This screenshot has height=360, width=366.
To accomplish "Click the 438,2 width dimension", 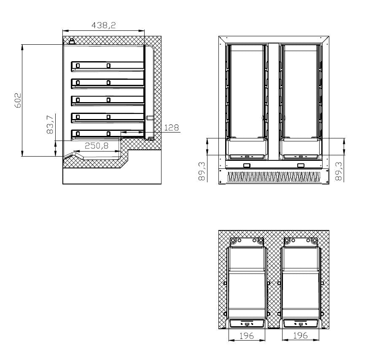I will tap(103, 25).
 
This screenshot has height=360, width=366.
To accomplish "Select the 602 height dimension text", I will tap(18, 100).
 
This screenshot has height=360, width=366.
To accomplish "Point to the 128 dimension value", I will tap(171, 127).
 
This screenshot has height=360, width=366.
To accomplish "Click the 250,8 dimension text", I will tap(97, 146).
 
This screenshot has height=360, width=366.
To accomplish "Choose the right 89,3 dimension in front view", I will tap(339, 171).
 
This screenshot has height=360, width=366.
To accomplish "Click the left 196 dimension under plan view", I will tap(247, 336).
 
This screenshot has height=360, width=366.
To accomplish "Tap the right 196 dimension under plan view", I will tap(300, 336).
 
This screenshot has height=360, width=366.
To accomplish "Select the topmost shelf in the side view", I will tap(108, 65).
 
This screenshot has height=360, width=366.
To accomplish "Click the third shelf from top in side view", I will tap(108, 100).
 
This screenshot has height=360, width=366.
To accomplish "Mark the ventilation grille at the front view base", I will tap(274, 176).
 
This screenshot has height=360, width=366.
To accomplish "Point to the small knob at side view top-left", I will tap(72, 41).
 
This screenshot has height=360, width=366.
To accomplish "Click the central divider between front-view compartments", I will tap(274, 101).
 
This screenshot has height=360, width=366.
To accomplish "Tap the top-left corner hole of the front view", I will tap(221, 38).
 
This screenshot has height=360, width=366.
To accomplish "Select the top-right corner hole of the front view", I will tap(327, 38).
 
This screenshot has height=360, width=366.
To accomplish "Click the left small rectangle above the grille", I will tap(247, 165).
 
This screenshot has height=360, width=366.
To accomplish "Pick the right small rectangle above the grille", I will tap(301, 165).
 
